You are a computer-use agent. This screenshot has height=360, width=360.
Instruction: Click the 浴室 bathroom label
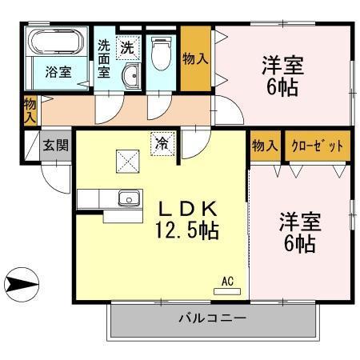(57, 72)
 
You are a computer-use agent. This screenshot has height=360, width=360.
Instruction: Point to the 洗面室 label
(104, 58)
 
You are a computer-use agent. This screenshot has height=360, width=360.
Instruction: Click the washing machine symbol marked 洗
(127, 47)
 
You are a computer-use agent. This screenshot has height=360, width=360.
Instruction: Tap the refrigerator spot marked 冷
(162, 144)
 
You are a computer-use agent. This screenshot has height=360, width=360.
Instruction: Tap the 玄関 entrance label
(55, 146)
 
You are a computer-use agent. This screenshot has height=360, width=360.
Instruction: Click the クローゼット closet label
(318, 146)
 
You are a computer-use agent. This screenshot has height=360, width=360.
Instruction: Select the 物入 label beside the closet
(265, 146)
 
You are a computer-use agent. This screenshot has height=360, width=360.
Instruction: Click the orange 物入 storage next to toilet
(195, 59)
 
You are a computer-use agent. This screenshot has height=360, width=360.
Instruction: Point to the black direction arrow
(19, 282)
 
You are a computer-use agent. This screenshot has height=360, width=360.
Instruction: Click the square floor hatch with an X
(126, 162)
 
